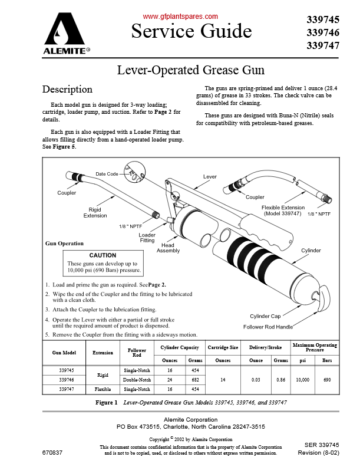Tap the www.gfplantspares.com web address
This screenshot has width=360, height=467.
point(180,17)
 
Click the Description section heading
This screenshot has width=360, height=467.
point(67,90)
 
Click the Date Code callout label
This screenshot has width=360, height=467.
point(107,174)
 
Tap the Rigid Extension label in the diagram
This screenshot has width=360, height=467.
point(95,212)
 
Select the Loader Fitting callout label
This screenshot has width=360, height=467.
point(147,238)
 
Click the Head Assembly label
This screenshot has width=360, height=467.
point(168,248)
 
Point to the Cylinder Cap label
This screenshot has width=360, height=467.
point(269,316)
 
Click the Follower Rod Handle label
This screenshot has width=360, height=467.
point(268,327)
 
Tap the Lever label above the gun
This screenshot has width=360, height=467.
point(210,177)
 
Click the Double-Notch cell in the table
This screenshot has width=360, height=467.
point(137,380)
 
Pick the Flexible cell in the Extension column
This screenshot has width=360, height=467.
point(103,390)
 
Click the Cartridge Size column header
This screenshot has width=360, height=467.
point(223,347)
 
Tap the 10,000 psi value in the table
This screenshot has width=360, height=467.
point(303,380)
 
